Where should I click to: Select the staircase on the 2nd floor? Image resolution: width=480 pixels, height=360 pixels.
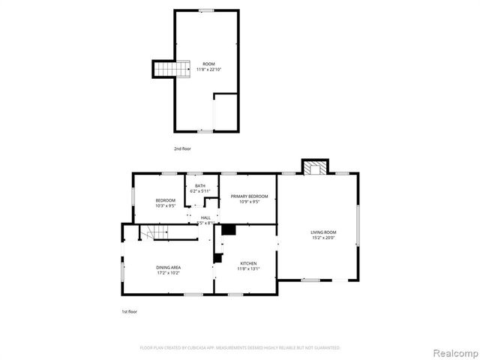coord(164,70)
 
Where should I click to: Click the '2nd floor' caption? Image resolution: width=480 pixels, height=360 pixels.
coord(182,149)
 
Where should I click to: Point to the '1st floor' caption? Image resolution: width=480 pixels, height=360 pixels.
coord(130,311)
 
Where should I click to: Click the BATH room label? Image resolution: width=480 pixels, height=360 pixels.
coord(200,185)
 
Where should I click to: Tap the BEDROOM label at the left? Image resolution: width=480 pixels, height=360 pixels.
coord(166,199)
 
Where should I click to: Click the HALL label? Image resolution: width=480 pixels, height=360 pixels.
coord(205,217)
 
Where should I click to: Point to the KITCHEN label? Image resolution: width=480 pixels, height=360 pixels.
coord(249,263)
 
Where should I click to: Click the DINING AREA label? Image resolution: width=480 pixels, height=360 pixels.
coord(168,267)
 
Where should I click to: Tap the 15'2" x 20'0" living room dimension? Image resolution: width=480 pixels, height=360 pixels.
coord(324,238)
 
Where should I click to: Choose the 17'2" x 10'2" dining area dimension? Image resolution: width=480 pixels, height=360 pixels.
coord(168,273)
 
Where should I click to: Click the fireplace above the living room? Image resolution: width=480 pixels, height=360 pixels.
coord(315,167)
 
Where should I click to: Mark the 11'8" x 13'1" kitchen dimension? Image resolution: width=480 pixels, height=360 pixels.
coord(249,269)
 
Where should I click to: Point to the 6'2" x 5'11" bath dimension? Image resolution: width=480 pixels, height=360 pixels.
coord(200,191)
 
